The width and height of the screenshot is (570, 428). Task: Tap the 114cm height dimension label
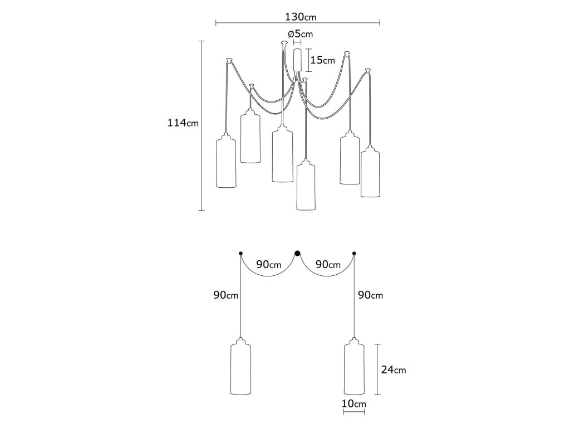tap(183, 123)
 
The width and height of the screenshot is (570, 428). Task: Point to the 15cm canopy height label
tap(322, 60)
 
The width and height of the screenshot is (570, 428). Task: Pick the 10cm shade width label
tap(353, 403)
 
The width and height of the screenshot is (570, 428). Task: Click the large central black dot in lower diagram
tap(297, 254)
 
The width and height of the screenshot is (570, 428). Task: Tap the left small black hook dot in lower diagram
tap(240, 254)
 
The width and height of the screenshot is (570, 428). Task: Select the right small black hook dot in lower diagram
tap(354, 254)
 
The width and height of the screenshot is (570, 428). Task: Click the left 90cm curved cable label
tap(268, 265)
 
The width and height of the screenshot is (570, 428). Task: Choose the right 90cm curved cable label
tap(327, 265)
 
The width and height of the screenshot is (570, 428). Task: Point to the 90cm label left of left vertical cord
tap(225, 295)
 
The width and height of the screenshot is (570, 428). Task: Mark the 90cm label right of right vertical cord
tap(371, 295)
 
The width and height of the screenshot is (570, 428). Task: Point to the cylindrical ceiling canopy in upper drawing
tap(297, 60)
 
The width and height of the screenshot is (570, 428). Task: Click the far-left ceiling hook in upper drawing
tap(228, 59)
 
